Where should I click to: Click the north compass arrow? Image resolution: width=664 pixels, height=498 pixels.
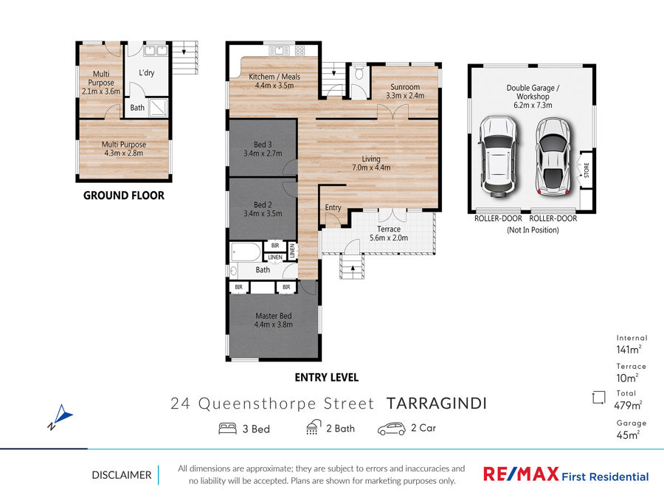63,414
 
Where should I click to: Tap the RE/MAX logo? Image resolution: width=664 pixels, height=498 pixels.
566,474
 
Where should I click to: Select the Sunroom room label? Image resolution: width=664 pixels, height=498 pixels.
405,87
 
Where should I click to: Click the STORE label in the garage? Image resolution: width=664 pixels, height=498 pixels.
587,170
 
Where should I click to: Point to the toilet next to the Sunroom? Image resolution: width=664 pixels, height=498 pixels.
359,72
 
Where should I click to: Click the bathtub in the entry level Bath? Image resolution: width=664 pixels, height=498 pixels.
246,252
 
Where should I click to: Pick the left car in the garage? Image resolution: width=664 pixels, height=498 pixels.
499,156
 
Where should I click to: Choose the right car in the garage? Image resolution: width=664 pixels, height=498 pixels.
553,156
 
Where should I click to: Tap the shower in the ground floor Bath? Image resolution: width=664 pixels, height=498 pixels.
159,108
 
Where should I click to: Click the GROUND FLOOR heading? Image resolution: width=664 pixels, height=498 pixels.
124,196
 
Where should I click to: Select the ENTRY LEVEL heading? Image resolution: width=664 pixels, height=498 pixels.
327,377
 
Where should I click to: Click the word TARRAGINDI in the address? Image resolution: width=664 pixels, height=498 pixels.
437,404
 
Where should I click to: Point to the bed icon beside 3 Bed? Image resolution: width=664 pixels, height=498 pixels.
227,429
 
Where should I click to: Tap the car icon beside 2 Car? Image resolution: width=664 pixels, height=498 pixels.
391,429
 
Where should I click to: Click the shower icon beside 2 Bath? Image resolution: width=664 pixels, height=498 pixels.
313,427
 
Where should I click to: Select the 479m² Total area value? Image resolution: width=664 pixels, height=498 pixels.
628,405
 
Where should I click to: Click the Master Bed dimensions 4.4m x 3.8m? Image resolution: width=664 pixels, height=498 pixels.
273,325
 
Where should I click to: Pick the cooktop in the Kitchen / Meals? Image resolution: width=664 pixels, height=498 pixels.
300,51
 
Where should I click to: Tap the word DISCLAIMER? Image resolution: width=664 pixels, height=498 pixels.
122,475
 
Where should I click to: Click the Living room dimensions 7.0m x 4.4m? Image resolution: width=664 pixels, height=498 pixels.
371,167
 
